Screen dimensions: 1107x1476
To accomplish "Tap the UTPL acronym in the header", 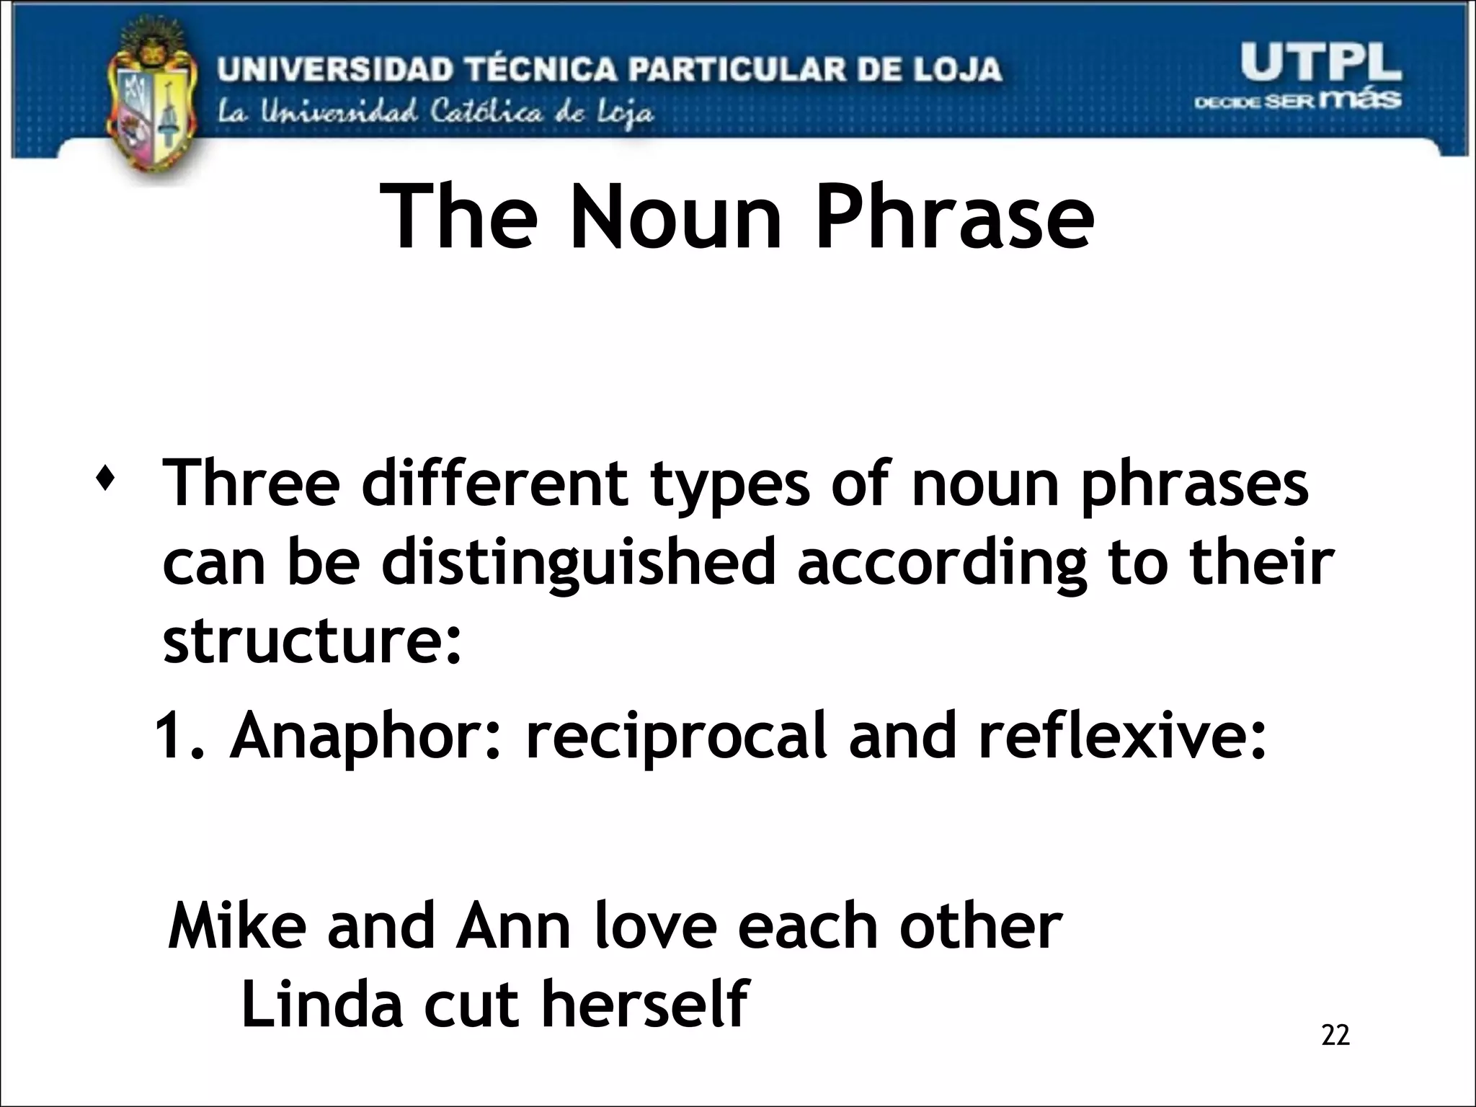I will click(x=1320, y=63).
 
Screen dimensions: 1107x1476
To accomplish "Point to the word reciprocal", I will click(x=675, y=737).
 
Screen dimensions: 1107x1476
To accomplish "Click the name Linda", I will click(x=321, y=1004).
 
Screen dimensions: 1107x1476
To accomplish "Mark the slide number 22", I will click(x=1335, y=1035).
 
